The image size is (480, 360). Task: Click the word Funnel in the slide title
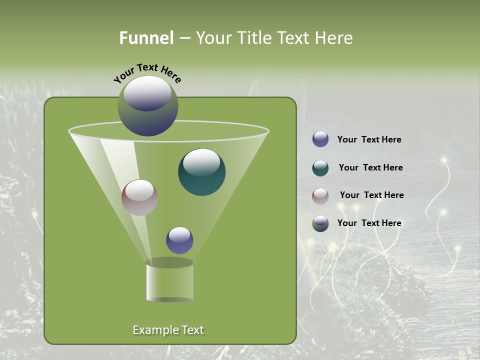tap(146, 38)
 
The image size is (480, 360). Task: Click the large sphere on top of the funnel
tap(148, 105)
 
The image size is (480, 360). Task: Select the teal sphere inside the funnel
tap(202, 172)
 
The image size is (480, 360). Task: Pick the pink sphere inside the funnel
tap(139, 197)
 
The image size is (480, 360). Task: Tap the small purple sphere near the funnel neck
tap(179, 240)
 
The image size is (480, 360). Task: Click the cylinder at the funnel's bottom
tap(169, 282)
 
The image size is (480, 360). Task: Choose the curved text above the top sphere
tap(147, 73)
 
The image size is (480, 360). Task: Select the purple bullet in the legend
tap(320, 139)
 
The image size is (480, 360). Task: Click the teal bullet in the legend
tap(320, 167)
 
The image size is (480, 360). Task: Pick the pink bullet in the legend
tap(320, 195)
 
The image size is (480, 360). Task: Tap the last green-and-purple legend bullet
tap(320, 223)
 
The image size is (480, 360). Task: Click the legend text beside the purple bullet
tap(369, 140)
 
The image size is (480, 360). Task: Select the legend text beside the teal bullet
tap(370, 168)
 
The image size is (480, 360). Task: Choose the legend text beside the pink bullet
tap(371, 195)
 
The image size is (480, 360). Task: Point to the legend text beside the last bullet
tap(369, 223)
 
